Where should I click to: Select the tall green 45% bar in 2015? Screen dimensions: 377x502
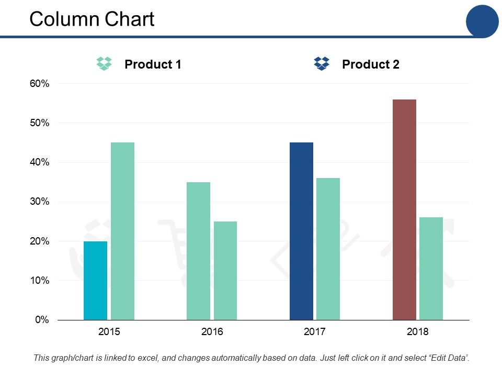pos(122,231)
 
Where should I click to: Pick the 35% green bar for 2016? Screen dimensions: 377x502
pos(198,251)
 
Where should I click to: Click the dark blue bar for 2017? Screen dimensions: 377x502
pos(301,231)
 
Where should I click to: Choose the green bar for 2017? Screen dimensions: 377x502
pos(328,249)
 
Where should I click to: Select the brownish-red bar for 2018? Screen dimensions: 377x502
pos(404,209)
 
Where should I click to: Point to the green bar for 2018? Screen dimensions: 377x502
pos(431,268)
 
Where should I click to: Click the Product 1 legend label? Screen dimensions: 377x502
pos(153,64)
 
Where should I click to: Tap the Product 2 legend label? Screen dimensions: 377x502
pos(370,64)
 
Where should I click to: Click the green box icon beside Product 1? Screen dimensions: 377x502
pos(105,63)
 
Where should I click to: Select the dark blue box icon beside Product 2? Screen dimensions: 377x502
pos(322,63)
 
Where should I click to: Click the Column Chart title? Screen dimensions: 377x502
pos(92,19)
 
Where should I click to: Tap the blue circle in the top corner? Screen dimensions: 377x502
pos(482,21)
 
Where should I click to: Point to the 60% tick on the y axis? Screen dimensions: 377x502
pos(39,84)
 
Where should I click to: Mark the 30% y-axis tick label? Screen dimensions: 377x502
pos(39,202)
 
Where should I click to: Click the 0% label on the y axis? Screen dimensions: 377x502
pos(42,320)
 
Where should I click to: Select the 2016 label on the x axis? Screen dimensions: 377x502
pos(212,331)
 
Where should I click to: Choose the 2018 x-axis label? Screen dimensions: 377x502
pos(417,331)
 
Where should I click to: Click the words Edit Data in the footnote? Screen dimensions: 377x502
pos(448,358)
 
